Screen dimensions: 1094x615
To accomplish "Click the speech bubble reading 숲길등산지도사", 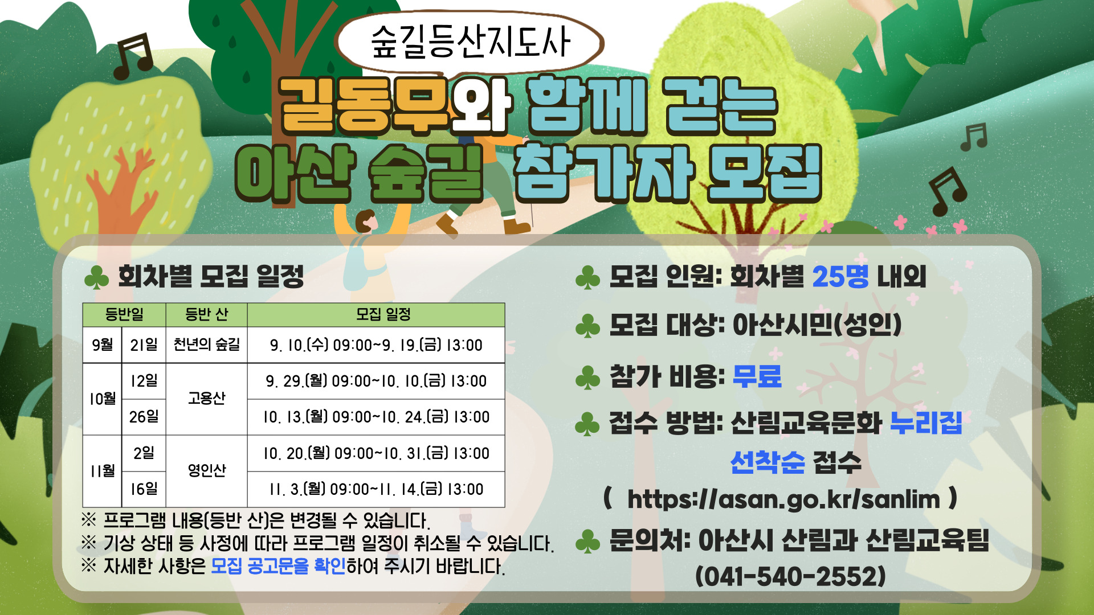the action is click(470, 43).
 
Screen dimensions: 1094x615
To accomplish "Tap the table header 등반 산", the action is click(206, 314).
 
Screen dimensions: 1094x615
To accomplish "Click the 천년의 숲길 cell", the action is click(206, 345).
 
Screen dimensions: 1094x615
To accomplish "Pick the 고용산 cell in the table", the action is click(206, 398).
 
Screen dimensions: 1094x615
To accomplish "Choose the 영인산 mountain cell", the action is click(206, 470).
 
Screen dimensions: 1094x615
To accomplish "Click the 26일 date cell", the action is click(144, 417).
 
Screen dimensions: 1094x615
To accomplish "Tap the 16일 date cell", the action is click(144, 489).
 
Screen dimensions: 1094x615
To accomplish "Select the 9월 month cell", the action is click(103, 345).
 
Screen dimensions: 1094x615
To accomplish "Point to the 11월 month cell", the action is click(103, 470).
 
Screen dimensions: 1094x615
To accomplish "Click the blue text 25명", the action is click(840, 277).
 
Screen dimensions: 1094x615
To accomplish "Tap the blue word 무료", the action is click(757, 376).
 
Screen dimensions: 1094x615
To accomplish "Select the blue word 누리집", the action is click(926, 423).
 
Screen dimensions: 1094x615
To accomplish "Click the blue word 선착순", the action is click(768, 462).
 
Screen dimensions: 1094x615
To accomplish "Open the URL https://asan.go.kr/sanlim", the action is click(783, 499).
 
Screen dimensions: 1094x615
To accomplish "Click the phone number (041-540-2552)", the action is click(790, 576).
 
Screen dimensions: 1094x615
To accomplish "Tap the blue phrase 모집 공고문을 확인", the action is click(278, 566).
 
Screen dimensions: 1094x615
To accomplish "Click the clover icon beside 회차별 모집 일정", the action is click(96, 278).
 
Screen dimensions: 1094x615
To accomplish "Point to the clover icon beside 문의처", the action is click(587, 542).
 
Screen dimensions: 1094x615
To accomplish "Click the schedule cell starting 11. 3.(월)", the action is click(376, 489).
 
